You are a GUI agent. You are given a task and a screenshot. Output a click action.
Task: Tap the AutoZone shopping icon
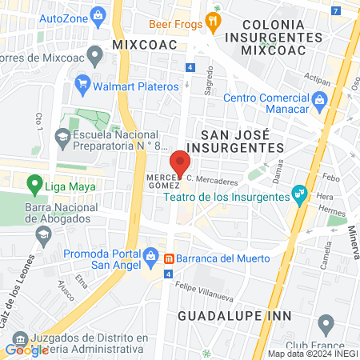(98, 15)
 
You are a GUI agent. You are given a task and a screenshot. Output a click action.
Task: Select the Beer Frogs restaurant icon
(213, 22)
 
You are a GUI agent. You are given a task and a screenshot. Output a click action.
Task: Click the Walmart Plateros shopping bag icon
(82, 83)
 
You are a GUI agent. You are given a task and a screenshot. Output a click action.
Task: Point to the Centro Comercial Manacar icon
(320, 99)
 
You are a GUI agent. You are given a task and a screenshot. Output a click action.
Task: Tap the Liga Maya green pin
(34, 186)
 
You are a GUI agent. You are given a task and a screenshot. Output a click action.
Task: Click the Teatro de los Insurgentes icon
(299, 193)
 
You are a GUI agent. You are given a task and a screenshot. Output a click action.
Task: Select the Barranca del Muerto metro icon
(170, 258)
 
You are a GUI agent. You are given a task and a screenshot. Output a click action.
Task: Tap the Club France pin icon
(326, 324)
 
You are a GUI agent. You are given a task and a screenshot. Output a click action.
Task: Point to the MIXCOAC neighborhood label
(144, 45)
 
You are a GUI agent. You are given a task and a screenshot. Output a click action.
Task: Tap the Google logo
(26, 350)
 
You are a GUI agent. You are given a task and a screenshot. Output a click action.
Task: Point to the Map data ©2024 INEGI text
(313, 354)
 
